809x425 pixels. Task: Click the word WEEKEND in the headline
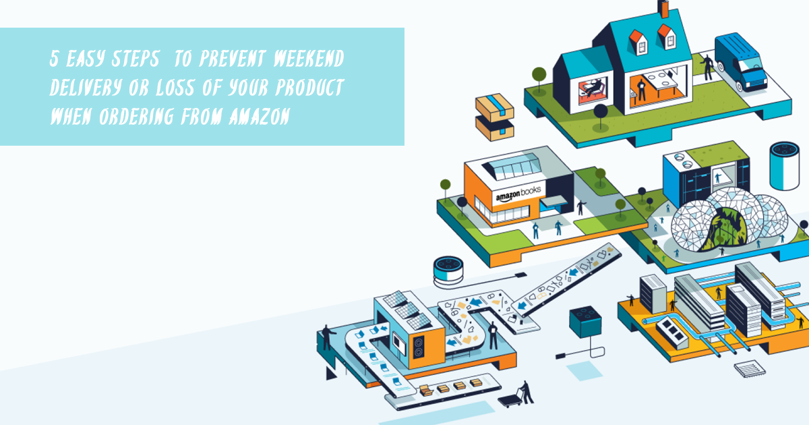[x=309, y=59]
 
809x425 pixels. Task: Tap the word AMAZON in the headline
[x=260, y=116]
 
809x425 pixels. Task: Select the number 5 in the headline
[x=54, y=59]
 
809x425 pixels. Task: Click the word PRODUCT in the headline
[x=309, y=88]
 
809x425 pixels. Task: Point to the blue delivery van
[x=741, y=62]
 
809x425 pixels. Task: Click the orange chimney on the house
[x=663, y=9]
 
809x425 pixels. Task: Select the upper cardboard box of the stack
[x=495, y=107]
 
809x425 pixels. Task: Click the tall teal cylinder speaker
[x=784, y=166]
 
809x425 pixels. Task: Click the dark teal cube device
[x=585, y=322]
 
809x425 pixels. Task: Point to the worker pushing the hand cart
[x=526, y=392]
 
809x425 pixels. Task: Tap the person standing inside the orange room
[x=641, y=90]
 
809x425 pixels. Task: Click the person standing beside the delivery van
[x=707, y=67]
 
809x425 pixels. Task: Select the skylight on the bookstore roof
[x=512, y=166]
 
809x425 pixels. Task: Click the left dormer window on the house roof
[x=638, y=42]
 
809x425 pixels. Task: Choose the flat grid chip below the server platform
[x=750, y=370]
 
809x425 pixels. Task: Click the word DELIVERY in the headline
[x=86, y=88]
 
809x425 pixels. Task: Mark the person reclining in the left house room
[x=593, y=87]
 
